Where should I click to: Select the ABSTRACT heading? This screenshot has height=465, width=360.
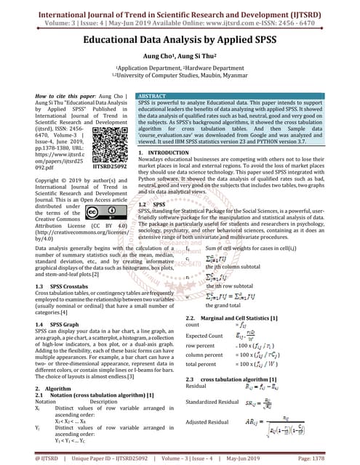pyautogui.click(x=152, y=96)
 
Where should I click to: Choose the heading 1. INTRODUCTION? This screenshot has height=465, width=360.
pyautogui.click(x=164, y=155)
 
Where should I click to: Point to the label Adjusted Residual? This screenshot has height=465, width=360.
pyautogui.click(x=207, y=421)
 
